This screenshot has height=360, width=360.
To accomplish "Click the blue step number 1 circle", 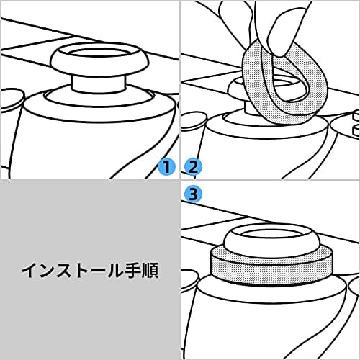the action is point(166,167).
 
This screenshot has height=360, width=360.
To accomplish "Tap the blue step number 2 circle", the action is point(193,167).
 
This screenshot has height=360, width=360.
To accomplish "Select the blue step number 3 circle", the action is point(193,194).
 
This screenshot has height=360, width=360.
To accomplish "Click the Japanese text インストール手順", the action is point(90,271).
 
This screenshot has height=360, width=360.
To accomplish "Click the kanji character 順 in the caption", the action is point(150,271).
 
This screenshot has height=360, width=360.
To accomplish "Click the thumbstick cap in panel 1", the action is point(99,60).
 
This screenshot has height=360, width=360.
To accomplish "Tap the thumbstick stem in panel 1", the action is point(99,83).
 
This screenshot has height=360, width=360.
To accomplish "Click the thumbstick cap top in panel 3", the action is point(271,238).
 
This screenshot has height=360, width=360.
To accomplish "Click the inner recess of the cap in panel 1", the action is point(99,54).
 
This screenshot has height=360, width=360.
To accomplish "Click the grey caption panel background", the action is point(90,312).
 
